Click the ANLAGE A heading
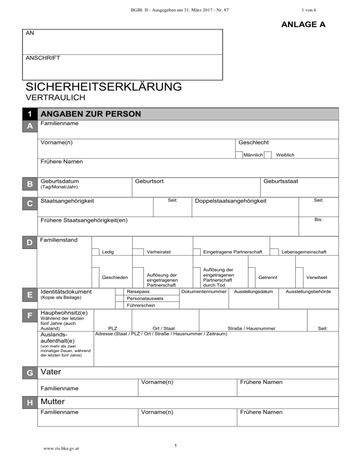click(x=303, y=24)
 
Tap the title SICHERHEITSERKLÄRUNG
click(x=104, y=87)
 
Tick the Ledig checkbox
click(x=95, y=252)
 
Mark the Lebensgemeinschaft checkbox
click(x=274, y=252)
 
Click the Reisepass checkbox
click(x=120, y=292)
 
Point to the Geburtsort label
click(x=149, y=181)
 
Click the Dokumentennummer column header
click(x=204, y=292)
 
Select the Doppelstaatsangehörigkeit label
click(x=230, y=201)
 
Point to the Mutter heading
click(x=52, y=402)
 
